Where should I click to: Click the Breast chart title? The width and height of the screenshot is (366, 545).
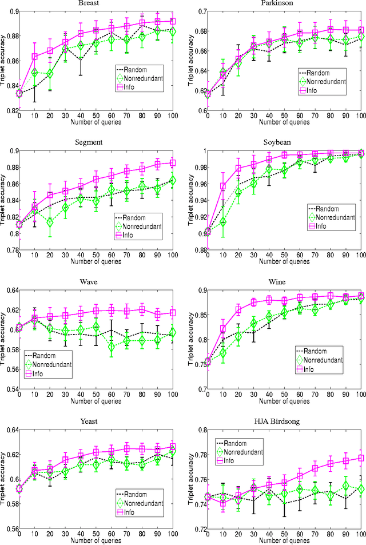[96, 4]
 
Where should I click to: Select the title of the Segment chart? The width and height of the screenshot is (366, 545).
[96, 143]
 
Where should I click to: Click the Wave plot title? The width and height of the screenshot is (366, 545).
[96, 283]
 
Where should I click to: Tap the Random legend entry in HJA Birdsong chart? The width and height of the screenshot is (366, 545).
[238, 443]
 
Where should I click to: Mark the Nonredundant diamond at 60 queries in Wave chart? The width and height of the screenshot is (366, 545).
[112, 347]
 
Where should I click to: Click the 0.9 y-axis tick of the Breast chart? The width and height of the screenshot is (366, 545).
[10, 11]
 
